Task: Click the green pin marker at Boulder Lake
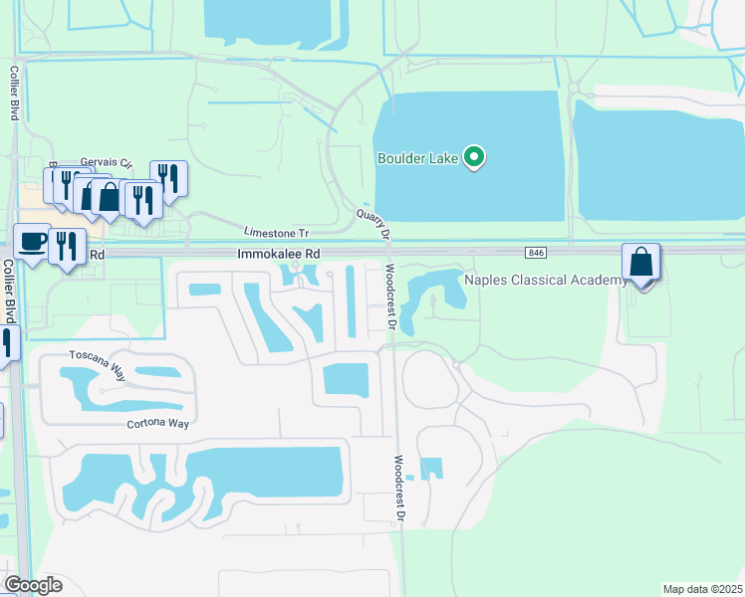pyautogui.click(x=476, y=157)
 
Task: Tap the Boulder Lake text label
pyautogui.click(x=416, y=158)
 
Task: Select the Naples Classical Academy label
pyautogui.click(x=547, y=280)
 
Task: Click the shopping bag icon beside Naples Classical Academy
pyautogui.click(x=641, y=264)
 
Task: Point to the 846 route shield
pyautogui.click(x=537, y=254)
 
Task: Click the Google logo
pyautogui.click(x=33, y=585)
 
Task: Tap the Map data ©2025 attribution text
pyautogui.click(x=702, y=588)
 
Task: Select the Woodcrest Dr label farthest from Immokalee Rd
pyautogui.click(x=398, y=489)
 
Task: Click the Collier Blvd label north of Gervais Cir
pyautogui.click(x=15, y=95)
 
